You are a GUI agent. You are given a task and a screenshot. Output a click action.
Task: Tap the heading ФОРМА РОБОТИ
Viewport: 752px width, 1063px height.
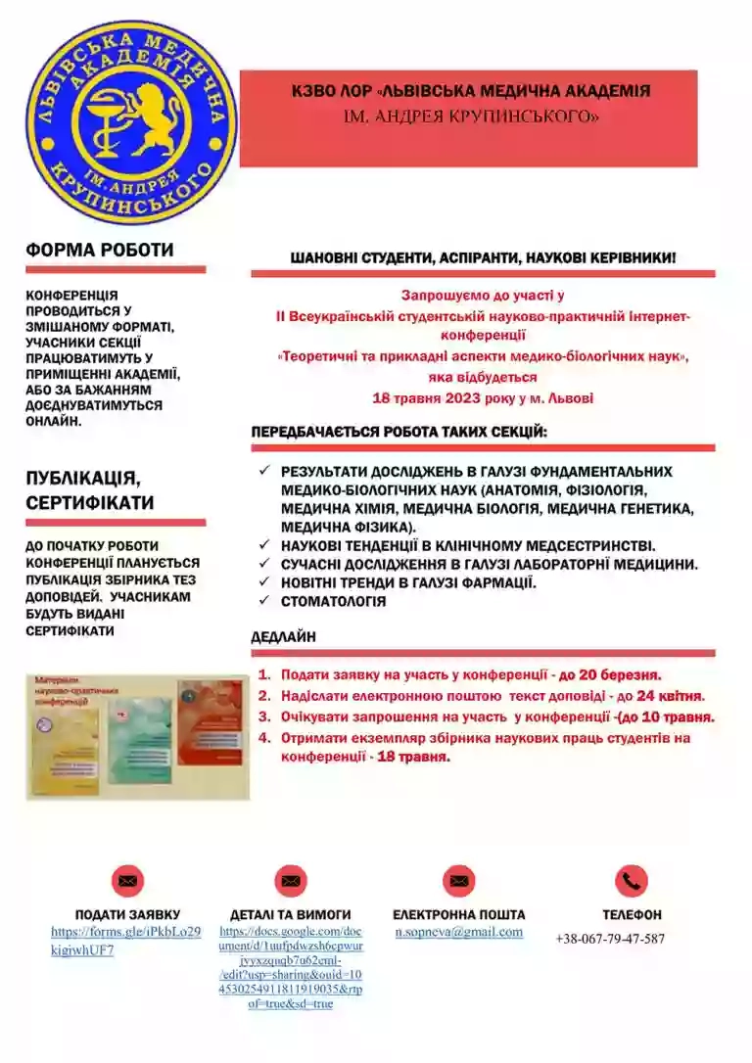[99, 250]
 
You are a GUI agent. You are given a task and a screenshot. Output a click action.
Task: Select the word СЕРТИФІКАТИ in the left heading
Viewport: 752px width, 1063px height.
[89, 503]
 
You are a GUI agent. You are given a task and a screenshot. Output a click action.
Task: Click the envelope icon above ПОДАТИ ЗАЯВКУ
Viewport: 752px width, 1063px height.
[127, 881]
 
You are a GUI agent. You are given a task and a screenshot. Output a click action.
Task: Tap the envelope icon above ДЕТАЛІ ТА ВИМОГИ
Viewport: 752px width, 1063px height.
[291, 881]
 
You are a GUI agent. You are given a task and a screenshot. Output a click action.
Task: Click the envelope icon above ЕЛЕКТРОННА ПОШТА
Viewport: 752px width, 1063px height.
[458, 881]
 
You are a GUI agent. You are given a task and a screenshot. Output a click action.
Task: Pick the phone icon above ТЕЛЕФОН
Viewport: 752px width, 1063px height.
[632, 881]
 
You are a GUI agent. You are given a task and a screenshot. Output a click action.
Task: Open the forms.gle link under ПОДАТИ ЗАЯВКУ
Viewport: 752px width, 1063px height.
[125, 941]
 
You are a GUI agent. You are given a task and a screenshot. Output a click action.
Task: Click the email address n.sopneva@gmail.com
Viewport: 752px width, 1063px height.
[458, 933]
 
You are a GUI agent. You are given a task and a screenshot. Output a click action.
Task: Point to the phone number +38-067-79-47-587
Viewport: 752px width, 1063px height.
[610, 939]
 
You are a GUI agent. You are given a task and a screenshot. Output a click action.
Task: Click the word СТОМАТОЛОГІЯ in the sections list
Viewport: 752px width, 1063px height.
[333, 601]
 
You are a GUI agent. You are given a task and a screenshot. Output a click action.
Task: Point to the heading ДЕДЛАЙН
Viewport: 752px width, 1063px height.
[284, 637]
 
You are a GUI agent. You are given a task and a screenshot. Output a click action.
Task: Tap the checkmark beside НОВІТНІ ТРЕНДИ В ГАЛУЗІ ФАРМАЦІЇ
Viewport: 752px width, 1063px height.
[263, 582]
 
